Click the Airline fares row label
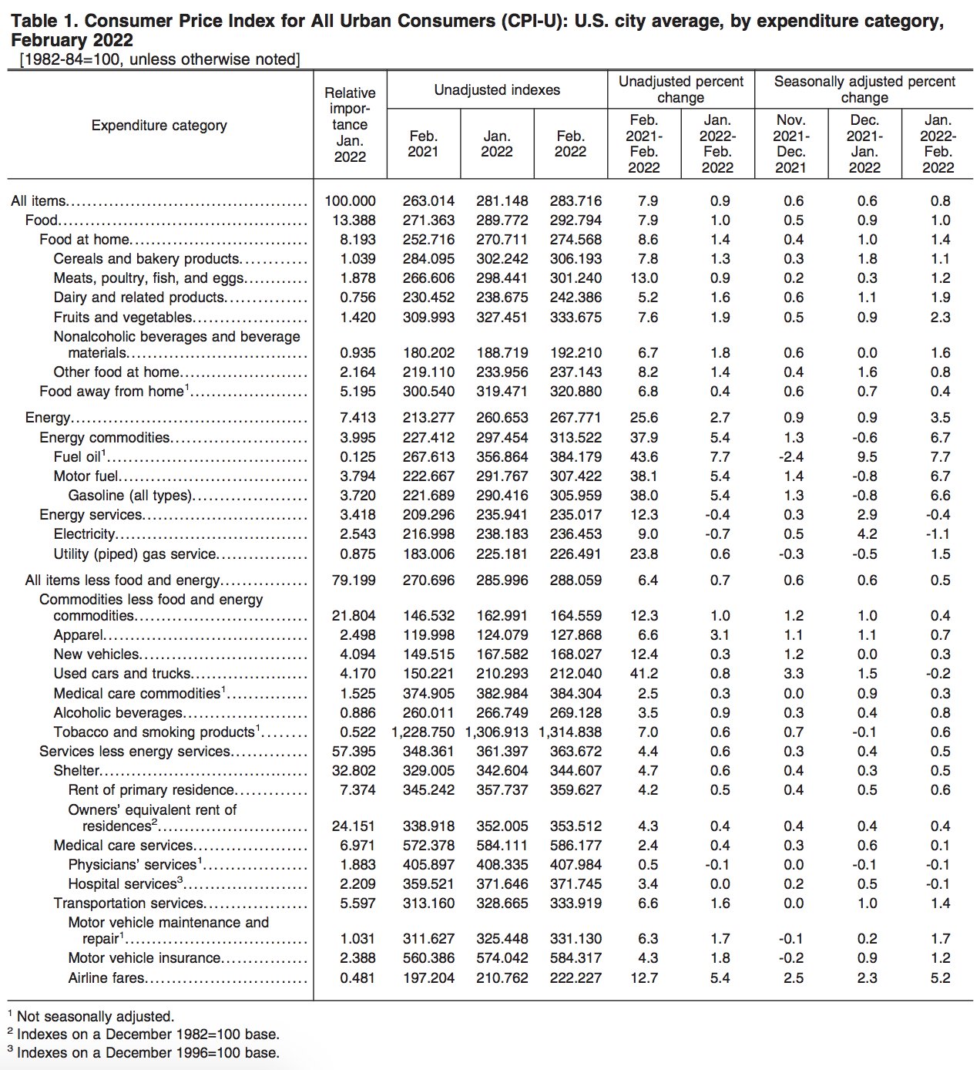106,977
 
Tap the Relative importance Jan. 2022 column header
350,125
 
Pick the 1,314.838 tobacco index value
570,732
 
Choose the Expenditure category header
159,125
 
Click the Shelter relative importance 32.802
354,770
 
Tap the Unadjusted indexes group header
497,89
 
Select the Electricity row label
85,533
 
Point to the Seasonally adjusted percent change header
864,89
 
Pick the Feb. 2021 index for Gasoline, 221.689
428,495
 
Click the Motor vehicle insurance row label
144,957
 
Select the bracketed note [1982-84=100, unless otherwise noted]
159,59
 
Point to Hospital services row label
123,883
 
